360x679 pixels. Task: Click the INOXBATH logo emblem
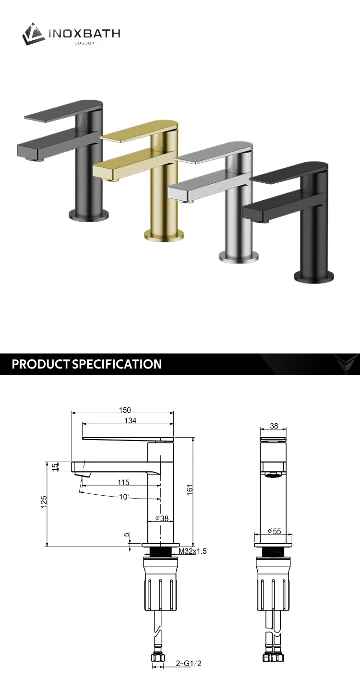pos(34,34)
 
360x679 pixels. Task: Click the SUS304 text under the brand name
pos(85,43)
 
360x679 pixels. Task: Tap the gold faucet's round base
pos(164,235)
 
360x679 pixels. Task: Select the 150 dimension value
pos(125,410)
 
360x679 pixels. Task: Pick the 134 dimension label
pos(130,421)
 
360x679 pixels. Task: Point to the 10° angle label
pos(124,497)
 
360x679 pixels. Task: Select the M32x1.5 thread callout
pos(192,551)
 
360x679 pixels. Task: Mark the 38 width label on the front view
pos(274,425)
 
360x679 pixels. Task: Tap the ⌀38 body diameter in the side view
pos(162,518)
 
